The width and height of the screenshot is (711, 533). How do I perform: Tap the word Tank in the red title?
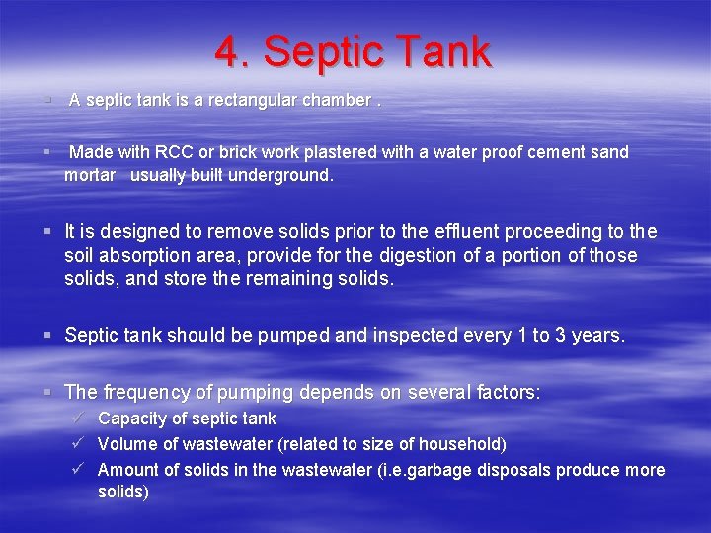[x=440, y=52]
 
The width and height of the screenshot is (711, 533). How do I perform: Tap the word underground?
[x=280, y=176]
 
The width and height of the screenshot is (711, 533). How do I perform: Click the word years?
[x=593, y=336]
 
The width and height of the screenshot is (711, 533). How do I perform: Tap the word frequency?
[x=148, y=392]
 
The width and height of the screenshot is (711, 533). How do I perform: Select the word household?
[x=464, y=444]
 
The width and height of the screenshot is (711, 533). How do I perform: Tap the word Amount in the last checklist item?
[x=126, y=470]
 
